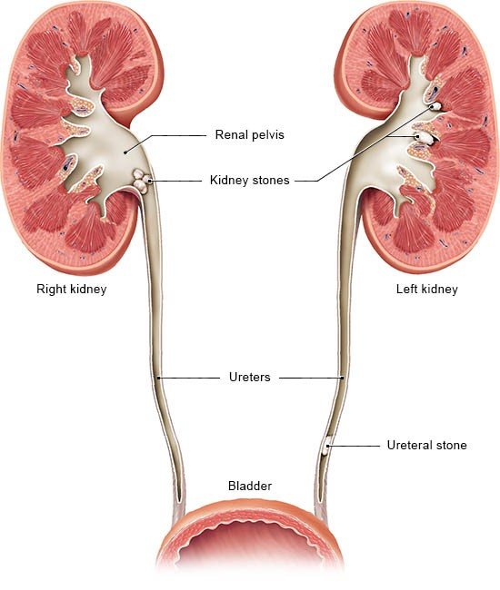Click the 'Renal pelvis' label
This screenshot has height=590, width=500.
(x=249, y=134)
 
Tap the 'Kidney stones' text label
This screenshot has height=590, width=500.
(x=249, y=181)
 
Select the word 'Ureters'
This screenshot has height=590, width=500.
(x=249, y=377)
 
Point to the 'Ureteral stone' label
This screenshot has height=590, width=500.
(x=426, y=446)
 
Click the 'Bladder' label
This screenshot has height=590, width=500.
(x=250, y=486)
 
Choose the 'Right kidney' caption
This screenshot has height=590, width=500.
(x=72, y=290)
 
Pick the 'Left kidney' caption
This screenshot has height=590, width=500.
(x=427, y=290)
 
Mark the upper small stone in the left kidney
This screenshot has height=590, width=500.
(x=435, y=105)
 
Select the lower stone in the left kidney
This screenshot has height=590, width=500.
(x=424, y=137)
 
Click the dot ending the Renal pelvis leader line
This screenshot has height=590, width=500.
(x=125, y=152)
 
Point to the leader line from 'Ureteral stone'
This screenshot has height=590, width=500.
(x=354, y=446)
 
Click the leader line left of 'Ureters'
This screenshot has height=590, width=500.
(x=189, y=378)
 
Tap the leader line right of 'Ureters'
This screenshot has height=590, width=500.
(x=311, y=378)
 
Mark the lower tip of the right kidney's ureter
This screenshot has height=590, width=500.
(x=179, y=501)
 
